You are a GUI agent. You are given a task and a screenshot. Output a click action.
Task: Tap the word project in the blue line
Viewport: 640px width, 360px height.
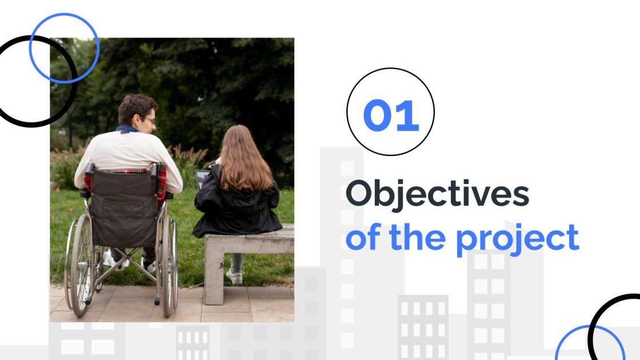point(517,238)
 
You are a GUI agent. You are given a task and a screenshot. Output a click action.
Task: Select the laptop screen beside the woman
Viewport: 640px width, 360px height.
point(202,179)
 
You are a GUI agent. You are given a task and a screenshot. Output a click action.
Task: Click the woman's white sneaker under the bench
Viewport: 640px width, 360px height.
point(234,277)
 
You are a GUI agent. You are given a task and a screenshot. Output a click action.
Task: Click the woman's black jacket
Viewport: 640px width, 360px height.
point(237,209)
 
